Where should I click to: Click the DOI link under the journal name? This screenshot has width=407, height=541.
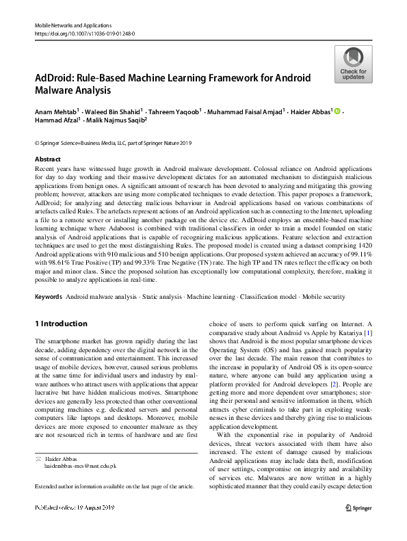tap(84, 32)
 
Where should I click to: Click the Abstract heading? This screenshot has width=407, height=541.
tap(47, 158)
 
